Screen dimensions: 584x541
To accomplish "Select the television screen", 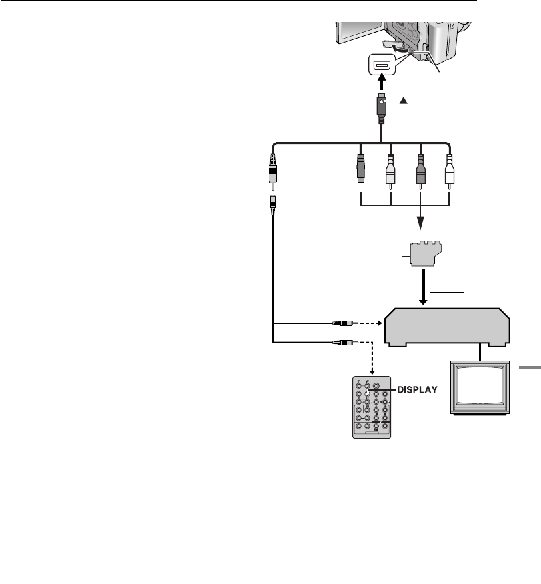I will click(479, 393).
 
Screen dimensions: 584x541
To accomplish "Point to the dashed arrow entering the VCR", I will click(370, 323).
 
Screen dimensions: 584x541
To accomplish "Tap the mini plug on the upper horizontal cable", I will click(342, 323).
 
